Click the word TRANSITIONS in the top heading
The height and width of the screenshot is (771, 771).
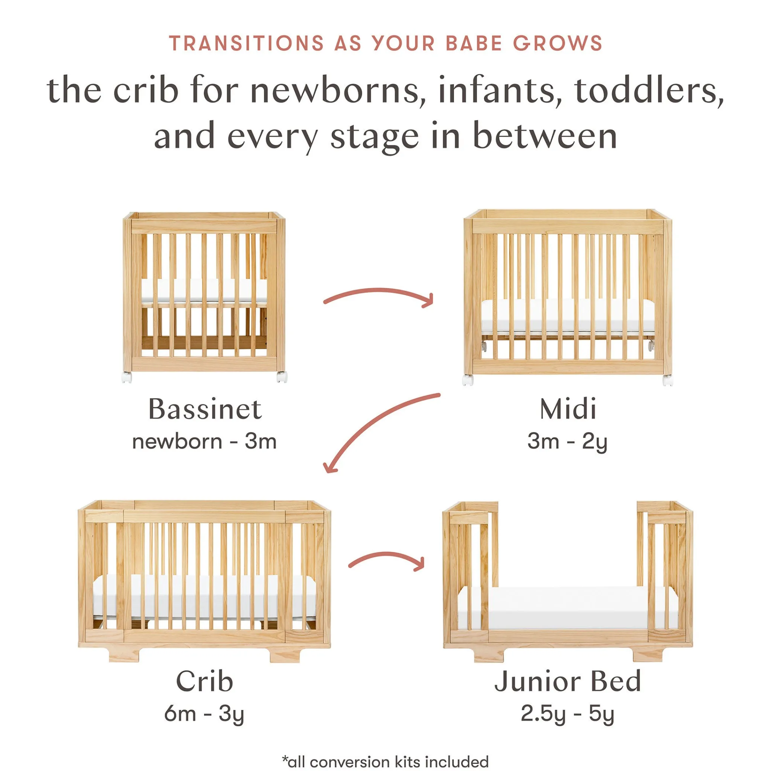(x=246, y=44)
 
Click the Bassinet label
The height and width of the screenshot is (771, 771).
(x=205, y=410)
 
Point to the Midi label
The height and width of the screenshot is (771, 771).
(x=568, y=410)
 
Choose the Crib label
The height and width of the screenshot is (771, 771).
(x=204, y=682)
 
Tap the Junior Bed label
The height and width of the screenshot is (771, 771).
(x=568, y=682)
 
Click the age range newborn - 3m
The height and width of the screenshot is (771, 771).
(x=204, y=442)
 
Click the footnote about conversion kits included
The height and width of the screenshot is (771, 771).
(x=385, y=762)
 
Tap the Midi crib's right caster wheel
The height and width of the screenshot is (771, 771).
(x=667, y=380)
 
